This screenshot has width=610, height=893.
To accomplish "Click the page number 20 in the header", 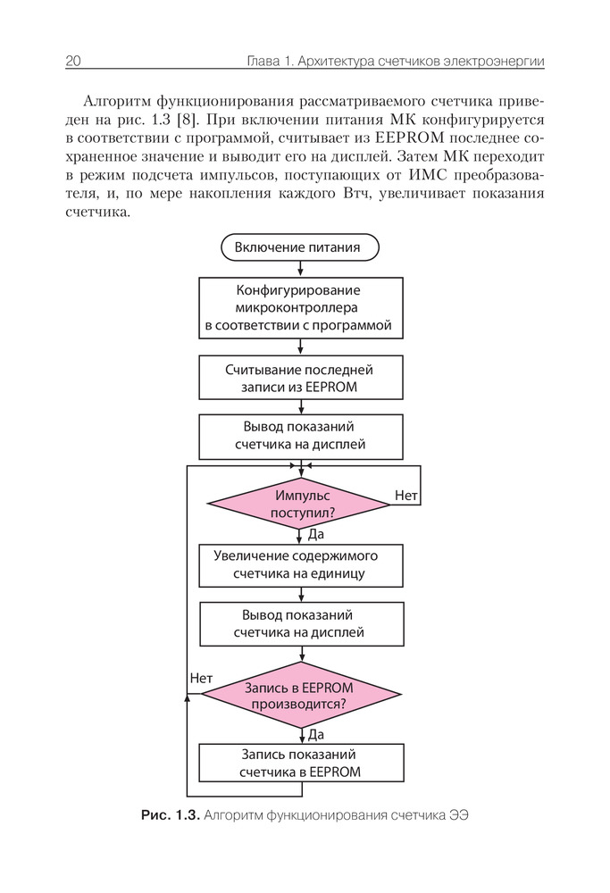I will point(73,61).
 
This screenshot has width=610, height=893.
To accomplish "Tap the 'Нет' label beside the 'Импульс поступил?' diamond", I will point(406,494).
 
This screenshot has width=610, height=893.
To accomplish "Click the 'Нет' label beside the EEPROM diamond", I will point(201,678).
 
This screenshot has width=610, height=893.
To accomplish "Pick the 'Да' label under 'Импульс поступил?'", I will point(315,535).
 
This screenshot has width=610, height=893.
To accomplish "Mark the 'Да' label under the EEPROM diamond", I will point(315,734).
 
